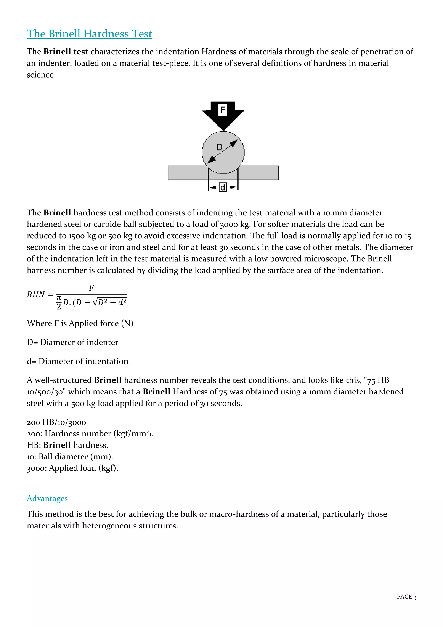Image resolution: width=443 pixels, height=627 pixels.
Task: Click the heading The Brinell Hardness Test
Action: [x=90, y=34]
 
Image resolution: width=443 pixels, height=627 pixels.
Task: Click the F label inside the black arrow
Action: [x=223, y=110]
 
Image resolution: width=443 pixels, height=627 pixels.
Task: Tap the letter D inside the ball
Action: [x=220, y=147]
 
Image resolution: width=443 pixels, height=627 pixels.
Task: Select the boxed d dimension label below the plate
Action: [x=223, y=187]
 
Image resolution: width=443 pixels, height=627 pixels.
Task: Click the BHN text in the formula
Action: [x=36, y=295]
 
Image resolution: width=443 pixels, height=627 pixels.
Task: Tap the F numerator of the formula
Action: [x=91, y=288]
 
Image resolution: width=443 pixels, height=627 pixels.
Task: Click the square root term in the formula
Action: [x=110, y=302]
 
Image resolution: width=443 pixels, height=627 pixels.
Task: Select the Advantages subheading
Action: [x=47, y=498]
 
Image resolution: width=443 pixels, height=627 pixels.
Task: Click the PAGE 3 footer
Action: [x=406, y=597]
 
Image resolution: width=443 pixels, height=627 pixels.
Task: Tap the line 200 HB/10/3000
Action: [x=56, y=422]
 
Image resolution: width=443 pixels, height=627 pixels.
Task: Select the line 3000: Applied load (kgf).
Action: [x=72, y=468]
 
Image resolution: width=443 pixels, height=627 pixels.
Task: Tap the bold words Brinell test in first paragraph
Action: [x=66, y=52]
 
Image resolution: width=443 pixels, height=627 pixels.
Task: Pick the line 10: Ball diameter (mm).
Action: [x=70, y=457]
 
